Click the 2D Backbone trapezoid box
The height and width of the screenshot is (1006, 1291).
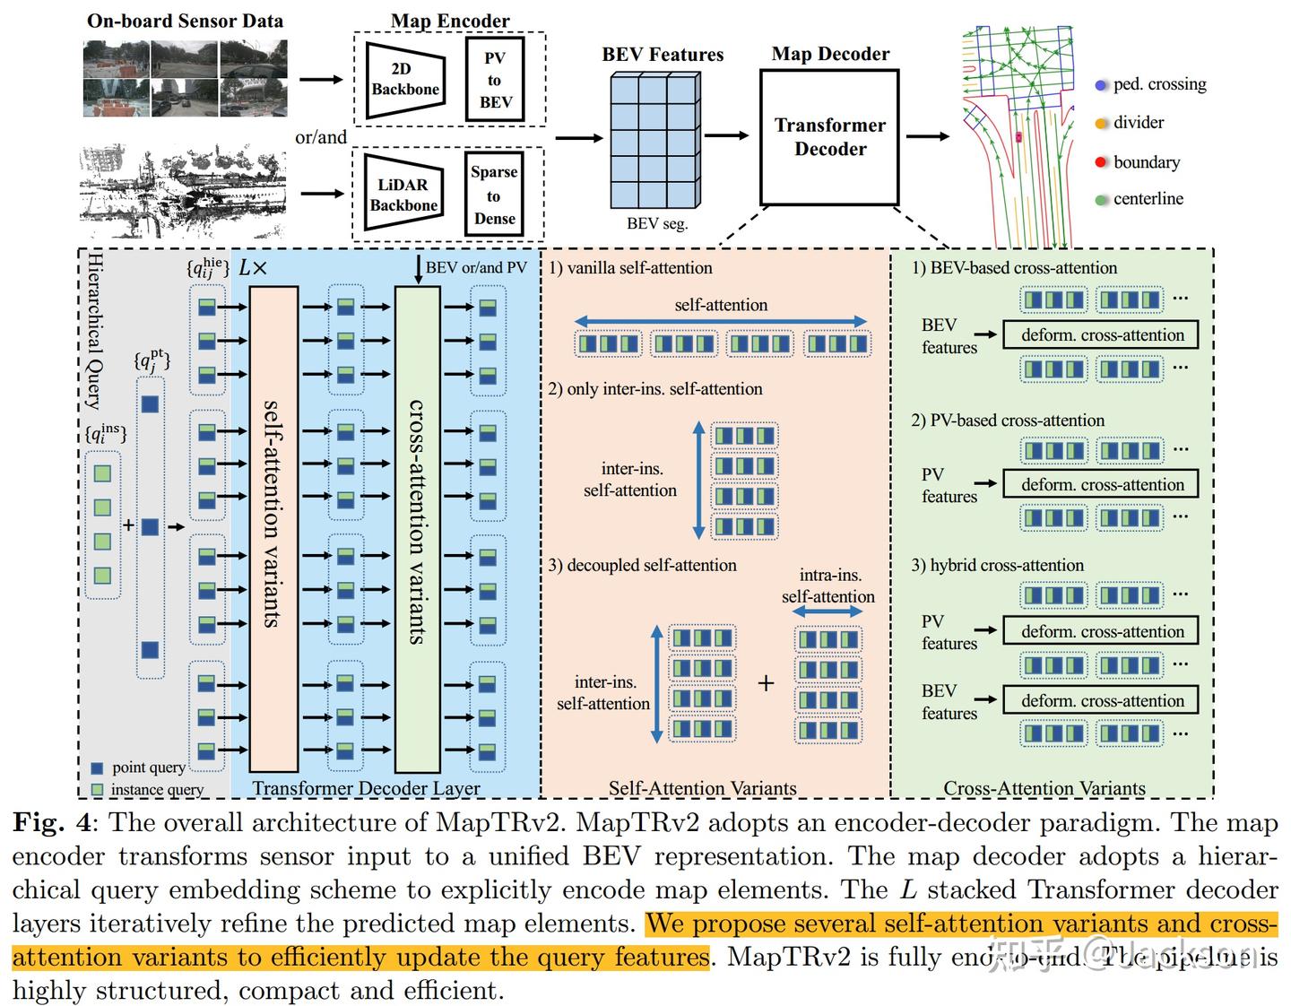click(x=405, y=80)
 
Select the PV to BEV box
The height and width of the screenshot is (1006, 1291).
click(x=495, y=80)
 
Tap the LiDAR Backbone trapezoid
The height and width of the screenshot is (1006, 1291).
click(x=403, y=195)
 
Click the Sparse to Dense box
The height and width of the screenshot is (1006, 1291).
click(x=494, y=195)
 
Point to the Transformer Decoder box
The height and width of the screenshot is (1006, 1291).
click(x=829, y=137)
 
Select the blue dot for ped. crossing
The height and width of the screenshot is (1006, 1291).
click(x=1101, y=85)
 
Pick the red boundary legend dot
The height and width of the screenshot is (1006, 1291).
click(x=1101, y=162)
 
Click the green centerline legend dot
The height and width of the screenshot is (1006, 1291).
click(x=1101, y=200)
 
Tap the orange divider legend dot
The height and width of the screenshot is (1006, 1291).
click(x=1101, y=124)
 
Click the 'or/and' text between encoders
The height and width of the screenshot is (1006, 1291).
click(x=321, y=137)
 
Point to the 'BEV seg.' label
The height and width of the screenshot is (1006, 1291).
click(x=657, y=223)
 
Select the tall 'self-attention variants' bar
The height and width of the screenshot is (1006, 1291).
click(x=273, y=529)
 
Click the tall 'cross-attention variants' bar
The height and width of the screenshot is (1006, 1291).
click(x=418, y=529)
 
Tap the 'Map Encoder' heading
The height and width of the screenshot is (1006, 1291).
click(x=450, y=20)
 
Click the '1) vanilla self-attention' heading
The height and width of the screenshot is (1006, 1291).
click(x=631, y=267)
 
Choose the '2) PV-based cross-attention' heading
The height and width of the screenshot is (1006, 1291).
click(x=1008, y=420)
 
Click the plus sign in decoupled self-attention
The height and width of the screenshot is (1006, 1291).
click(x=766, y=683)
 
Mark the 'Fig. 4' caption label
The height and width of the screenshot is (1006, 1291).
click(x=52, y=822)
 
